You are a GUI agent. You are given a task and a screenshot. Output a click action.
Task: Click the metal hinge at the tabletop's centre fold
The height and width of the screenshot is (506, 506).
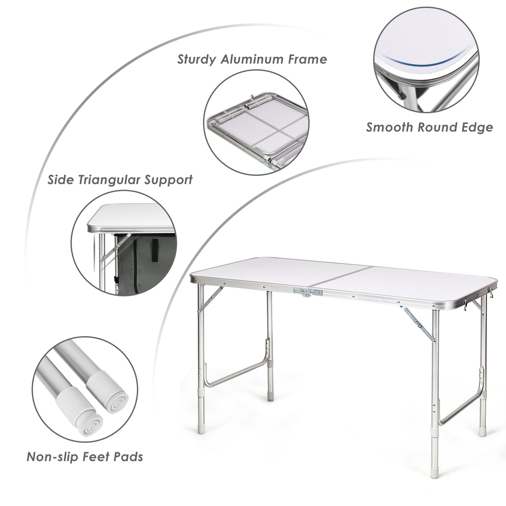click(304, 292)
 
